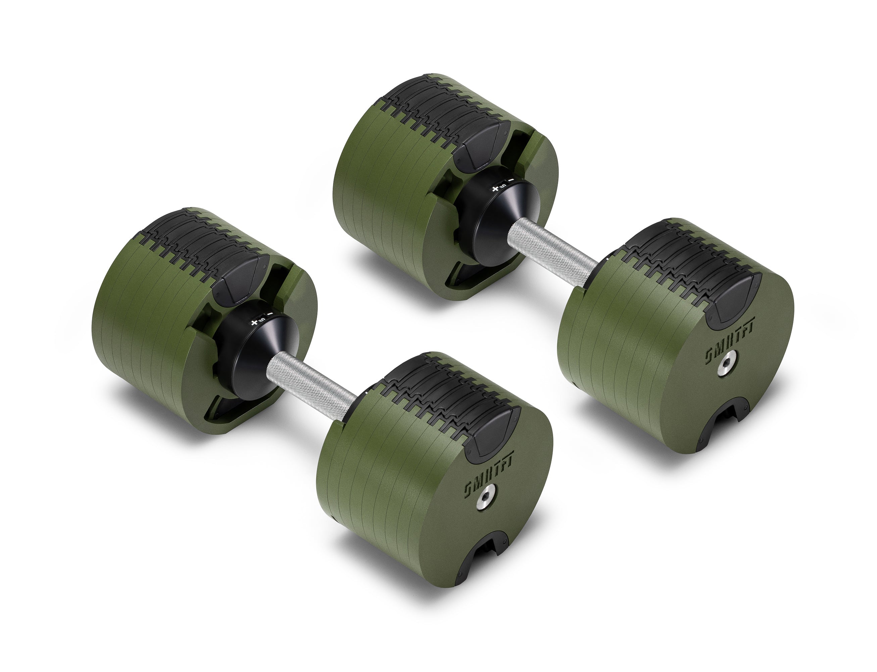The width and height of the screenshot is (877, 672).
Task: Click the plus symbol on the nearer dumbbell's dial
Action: pyautogui.click(x=253, y=322)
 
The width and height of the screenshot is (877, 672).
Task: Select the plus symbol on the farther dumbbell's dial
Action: pyautogui.click(x=495, y=189)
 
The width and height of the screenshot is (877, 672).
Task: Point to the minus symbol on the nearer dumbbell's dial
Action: pyautogui.click(x=270, y=314)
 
